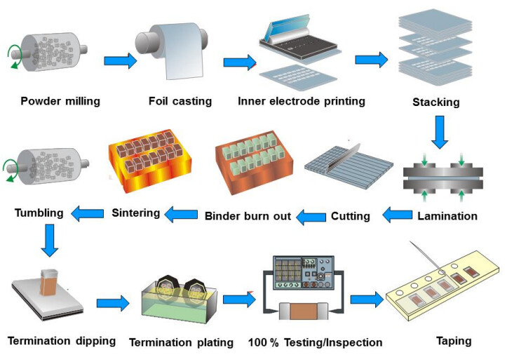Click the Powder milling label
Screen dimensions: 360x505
click(x=60, y=101)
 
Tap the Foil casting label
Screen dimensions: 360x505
click(x=180, y=101)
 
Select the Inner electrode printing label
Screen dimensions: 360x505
click(x=302, y=101)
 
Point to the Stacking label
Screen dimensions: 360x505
click(x=436, y=102)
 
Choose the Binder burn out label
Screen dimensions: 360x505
click(x=248, y=216)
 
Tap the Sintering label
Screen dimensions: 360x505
click(x=135, y=212)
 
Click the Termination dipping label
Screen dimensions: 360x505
click(x=62, y=341)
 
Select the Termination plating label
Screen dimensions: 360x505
click(x=181, y=342)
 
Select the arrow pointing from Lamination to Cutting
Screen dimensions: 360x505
click(x=398, y=215)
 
